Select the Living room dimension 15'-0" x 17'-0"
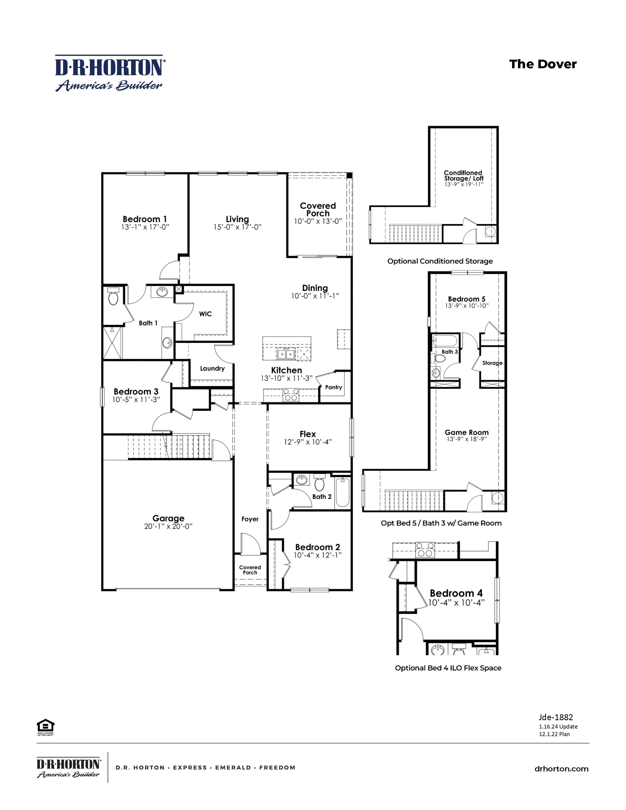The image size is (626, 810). (x=237, y=227)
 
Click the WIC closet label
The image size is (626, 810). (x=205, y=314)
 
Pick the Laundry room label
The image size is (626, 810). (x=212, y=368)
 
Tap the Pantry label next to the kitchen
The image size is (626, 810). (x=333, y=387)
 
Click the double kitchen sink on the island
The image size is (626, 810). (x=286, y=354)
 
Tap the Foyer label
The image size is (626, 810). (x=250, y=519)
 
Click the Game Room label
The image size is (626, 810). (x=466, y=432)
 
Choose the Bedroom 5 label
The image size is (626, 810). (x=466, y=299)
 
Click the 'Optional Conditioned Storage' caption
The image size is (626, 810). (x=440, y=261)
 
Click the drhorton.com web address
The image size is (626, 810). (x=561, y=769)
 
